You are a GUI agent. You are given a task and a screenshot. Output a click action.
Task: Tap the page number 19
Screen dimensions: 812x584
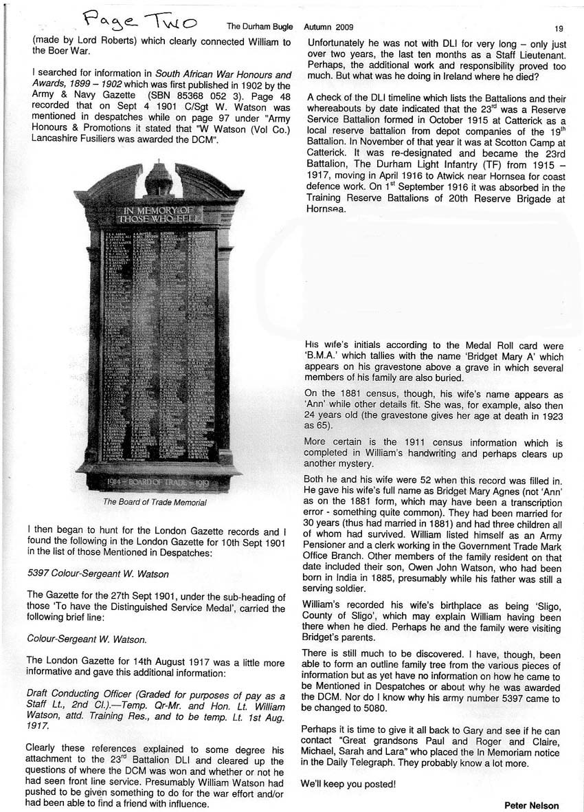pyautogui.click(x=559, y=28)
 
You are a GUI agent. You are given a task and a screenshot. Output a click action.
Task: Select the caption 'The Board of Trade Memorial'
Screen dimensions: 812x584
pyautogui.click(x=155, y=502)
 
